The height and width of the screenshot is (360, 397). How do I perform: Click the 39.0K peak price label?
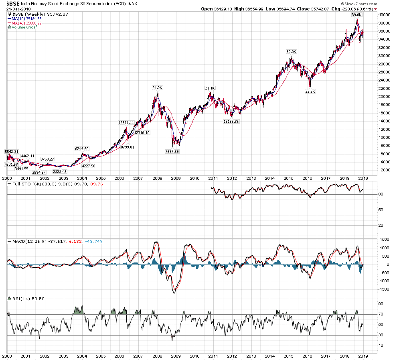[x=356, y=14]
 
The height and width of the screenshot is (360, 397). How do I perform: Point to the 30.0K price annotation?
[x=291, y=51]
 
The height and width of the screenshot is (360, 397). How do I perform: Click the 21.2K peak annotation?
[x=158, y=87]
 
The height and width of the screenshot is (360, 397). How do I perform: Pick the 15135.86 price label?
[x=231, y=121]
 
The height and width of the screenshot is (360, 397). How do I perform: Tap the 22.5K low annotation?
[x=310, y=92]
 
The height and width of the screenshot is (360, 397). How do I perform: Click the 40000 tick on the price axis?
[x=385, y=14]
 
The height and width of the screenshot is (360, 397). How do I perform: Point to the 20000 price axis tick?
[x=385, y=97]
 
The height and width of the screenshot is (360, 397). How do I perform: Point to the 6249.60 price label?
[x=81, y=148]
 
